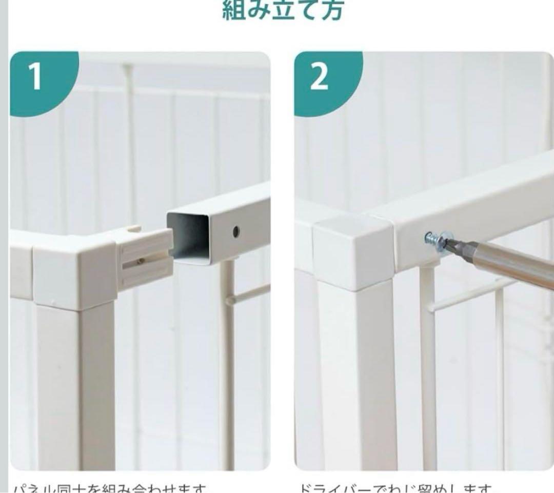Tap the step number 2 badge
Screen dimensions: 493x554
319,77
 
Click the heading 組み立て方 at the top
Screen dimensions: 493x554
282,10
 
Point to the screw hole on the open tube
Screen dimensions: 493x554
236,231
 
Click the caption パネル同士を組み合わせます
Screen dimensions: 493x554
110,487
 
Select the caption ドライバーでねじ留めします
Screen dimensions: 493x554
395,487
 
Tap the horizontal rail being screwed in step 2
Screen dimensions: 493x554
477,210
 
